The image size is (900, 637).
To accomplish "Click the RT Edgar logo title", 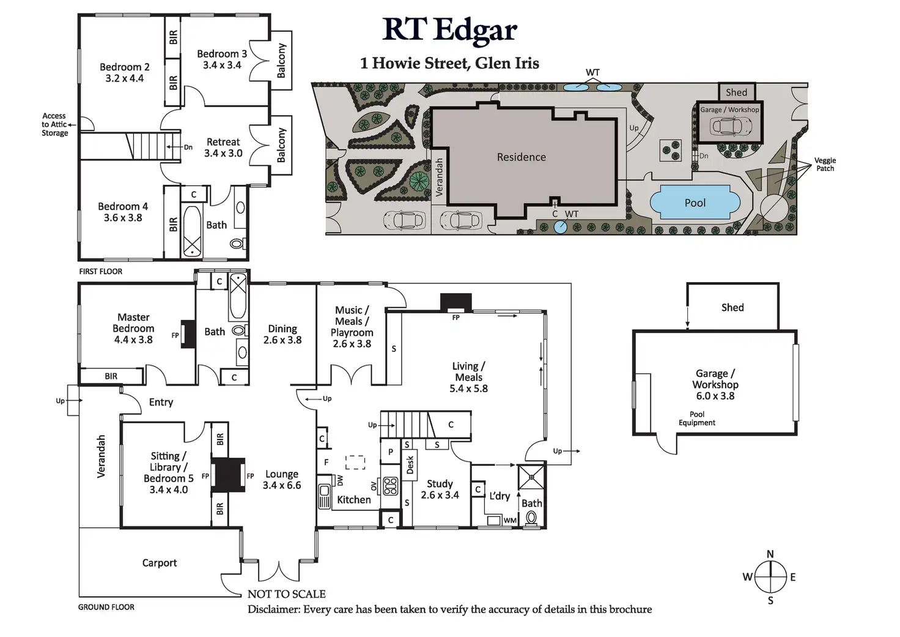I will (x=449, y=30).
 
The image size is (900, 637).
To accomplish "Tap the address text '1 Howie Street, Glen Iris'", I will (x=449, y=63).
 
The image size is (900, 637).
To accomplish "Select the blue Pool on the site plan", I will (x=695, y=203).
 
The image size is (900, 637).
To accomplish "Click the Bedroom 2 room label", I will (x=124, y=72).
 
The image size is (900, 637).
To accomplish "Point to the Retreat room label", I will (x=223, y=147).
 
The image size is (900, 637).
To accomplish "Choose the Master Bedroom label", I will (x=133, y=328).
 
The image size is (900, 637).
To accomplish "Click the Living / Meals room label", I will (x=468, y=377).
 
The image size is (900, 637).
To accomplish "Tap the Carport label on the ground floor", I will (x=160, y=563).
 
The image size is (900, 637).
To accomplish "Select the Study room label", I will (x=440, y=489).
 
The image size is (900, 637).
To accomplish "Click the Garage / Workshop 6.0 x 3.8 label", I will (x=715, y=384).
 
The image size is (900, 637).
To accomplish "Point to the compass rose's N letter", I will (x=770, y=554).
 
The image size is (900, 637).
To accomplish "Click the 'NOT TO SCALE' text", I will (x=286, y=594).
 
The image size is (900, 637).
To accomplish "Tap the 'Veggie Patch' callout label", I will (x=825, y=164).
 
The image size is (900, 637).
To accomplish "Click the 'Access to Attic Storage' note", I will (x=54, y=124).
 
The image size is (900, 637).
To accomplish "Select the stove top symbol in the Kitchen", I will (x=390, y=486).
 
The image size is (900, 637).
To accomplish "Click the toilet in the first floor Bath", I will (x=237, y=243).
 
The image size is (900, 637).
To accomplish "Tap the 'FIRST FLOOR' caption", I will (x=101, y=271).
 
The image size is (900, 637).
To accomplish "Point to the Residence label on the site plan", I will (x=521, y=157).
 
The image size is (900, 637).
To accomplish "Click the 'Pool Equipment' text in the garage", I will (x=696, y=419).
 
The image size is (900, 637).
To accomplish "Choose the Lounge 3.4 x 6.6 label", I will (x=282, y=480).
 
